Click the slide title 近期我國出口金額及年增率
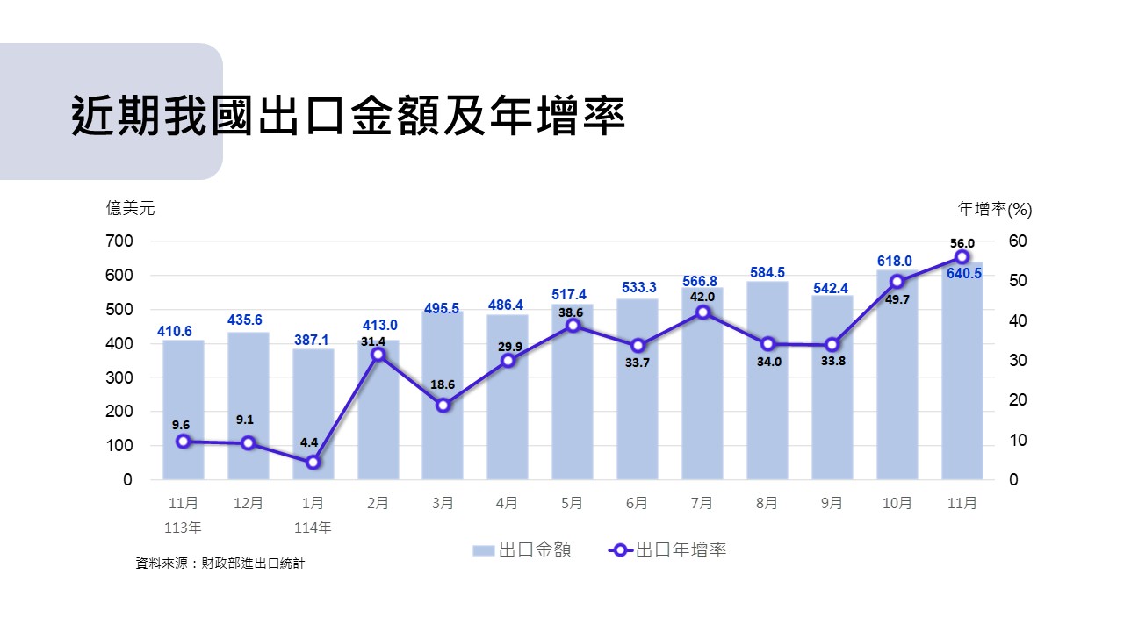[348, 116]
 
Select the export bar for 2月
[378, 421]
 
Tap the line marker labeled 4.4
[313, 462]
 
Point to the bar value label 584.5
[767, 273]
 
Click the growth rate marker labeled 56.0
[962, 257]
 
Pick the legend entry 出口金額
[522, 550]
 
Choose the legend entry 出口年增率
[667, 550]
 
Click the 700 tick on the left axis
[120, 241]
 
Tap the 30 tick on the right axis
[1018, 361]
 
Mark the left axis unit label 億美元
[130, 208]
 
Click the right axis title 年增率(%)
[995, 209]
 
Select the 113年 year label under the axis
[183, 528]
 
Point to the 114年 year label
[313, 528]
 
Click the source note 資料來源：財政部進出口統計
[220, 564]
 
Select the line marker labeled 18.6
[443, 405]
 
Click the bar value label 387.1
[313, 339]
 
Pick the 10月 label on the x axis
[897, 503]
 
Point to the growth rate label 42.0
[702, 297]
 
